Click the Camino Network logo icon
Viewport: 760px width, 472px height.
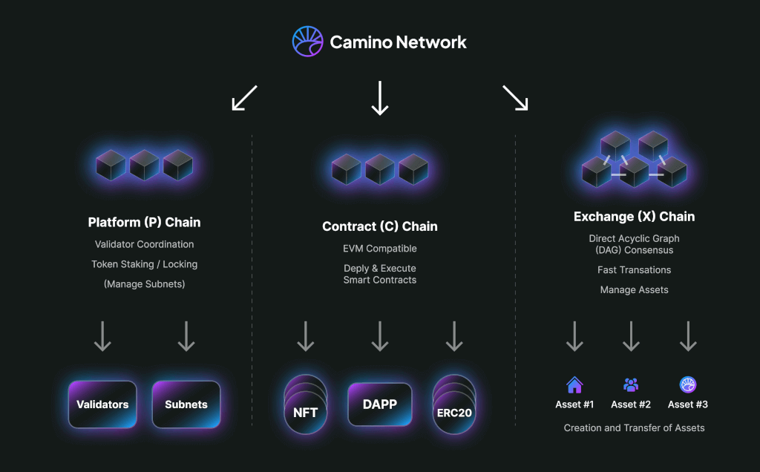coord(307,42)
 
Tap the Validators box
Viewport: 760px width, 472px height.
coord(102,404)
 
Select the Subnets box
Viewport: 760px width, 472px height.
coord(186,404)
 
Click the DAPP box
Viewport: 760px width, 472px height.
coord(380,404)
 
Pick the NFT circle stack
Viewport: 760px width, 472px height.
coord(306,407)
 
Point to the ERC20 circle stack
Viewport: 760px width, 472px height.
coord(454,407)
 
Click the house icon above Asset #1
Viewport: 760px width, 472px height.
coord(574,384)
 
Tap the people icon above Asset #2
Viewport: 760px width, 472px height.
coord(631,384)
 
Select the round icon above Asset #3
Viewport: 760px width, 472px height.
coord(688,384)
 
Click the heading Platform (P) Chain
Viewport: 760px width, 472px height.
coord(144,222)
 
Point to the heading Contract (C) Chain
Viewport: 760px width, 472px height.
coord(380,226)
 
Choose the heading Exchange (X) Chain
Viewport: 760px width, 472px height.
coord(635,217)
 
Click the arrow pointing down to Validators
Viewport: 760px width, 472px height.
coord(102,336)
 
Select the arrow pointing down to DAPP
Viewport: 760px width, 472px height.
coord(380,336)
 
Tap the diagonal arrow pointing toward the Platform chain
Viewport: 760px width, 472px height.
coord(244,98)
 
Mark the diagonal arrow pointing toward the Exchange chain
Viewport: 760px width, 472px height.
coord(515,98)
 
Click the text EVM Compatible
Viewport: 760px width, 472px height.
coord(380,249)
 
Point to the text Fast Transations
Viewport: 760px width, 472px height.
coord(635,270)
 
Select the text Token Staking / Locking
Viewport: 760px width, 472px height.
coord(144,264)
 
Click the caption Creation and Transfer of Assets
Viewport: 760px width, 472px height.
coord(635,428)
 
